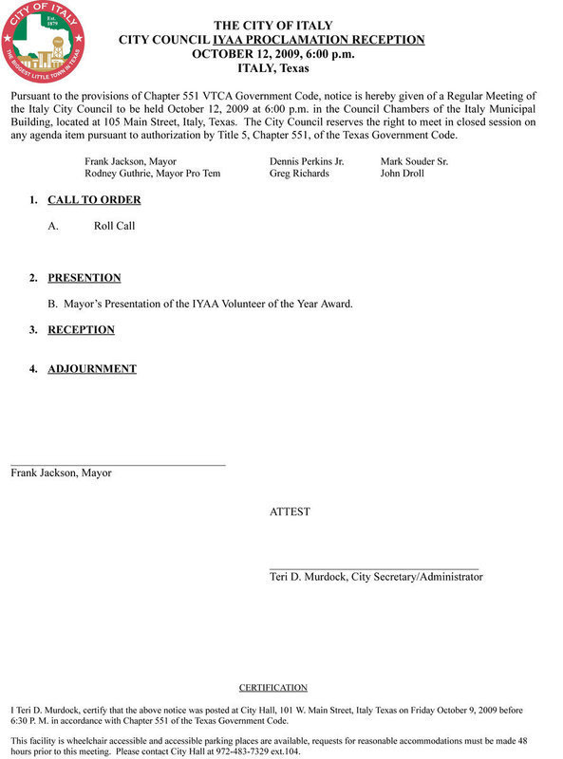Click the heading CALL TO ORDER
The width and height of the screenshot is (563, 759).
point(94,200)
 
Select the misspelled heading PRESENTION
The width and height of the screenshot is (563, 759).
point(84,278)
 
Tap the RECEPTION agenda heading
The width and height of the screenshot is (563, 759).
point(81,330)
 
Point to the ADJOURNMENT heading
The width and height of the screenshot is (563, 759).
point(92,369)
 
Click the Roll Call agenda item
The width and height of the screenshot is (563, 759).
point(114,227)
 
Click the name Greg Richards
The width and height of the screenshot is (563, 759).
point(299,175)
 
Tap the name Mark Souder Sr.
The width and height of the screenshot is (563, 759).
point(414,162)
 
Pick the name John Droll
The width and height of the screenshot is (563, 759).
point(401,175)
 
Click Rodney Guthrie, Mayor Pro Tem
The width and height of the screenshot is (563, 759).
point(152,175)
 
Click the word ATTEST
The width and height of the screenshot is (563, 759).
point(290,512)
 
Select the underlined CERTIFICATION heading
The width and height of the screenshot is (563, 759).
point(272,688)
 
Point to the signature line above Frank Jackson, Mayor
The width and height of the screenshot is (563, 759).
point(118,465)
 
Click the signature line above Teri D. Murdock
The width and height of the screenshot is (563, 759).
point(374,568)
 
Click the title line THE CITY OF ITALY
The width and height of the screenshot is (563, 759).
point(272,25)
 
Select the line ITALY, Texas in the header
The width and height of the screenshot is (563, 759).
point(272,69)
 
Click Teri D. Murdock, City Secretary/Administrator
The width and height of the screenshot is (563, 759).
point(376,577)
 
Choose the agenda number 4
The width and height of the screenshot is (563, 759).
point(33,369)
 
